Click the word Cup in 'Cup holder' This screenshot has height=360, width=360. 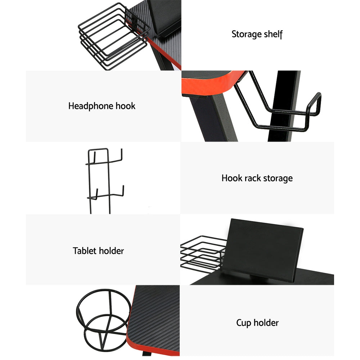(243, 323)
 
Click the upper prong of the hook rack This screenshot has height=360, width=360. (115, 158)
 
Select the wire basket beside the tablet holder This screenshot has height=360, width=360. (200, 252)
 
